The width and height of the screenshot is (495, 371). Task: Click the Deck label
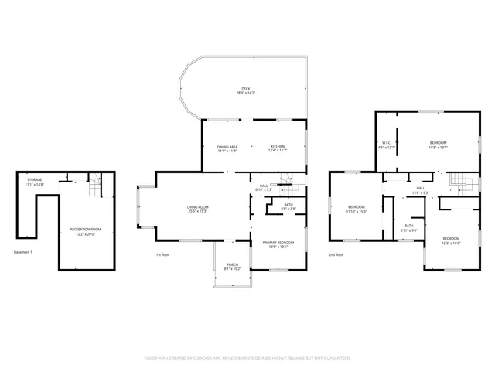[246, 90]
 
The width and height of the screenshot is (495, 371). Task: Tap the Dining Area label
[227, 148]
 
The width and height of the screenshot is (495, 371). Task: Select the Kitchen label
[278, 148]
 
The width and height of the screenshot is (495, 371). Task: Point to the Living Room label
[198, 208]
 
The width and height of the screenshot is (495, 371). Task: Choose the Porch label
[233, 266]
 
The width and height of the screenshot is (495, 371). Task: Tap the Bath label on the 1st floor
[288, 207]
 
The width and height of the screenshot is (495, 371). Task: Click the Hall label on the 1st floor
[264, 187]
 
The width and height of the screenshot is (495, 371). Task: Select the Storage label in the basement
[34, 182]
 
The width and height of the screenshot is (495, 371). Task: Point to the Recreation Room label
[85, 231]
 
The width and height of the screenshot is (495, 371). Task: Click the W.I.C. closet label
[387, 144]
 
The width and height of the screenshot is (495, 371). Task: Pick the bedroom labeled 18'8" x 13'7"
[438, 144]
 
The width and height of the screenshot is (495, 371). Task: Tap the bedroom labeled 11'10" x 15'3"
[357, 208]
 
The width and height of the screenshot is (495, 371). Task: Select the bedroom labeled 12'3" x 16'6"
[451, 240]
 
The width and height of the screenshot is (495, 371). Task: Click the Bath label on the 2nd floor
[408, 228]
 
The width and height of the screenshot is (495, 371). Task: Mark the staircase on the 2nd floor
[460, 183]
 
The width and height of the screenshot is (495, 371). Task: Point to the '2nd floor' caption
[336, 254]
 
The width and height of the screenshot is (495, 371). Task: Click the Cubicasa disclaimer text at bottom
[247, 359]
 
